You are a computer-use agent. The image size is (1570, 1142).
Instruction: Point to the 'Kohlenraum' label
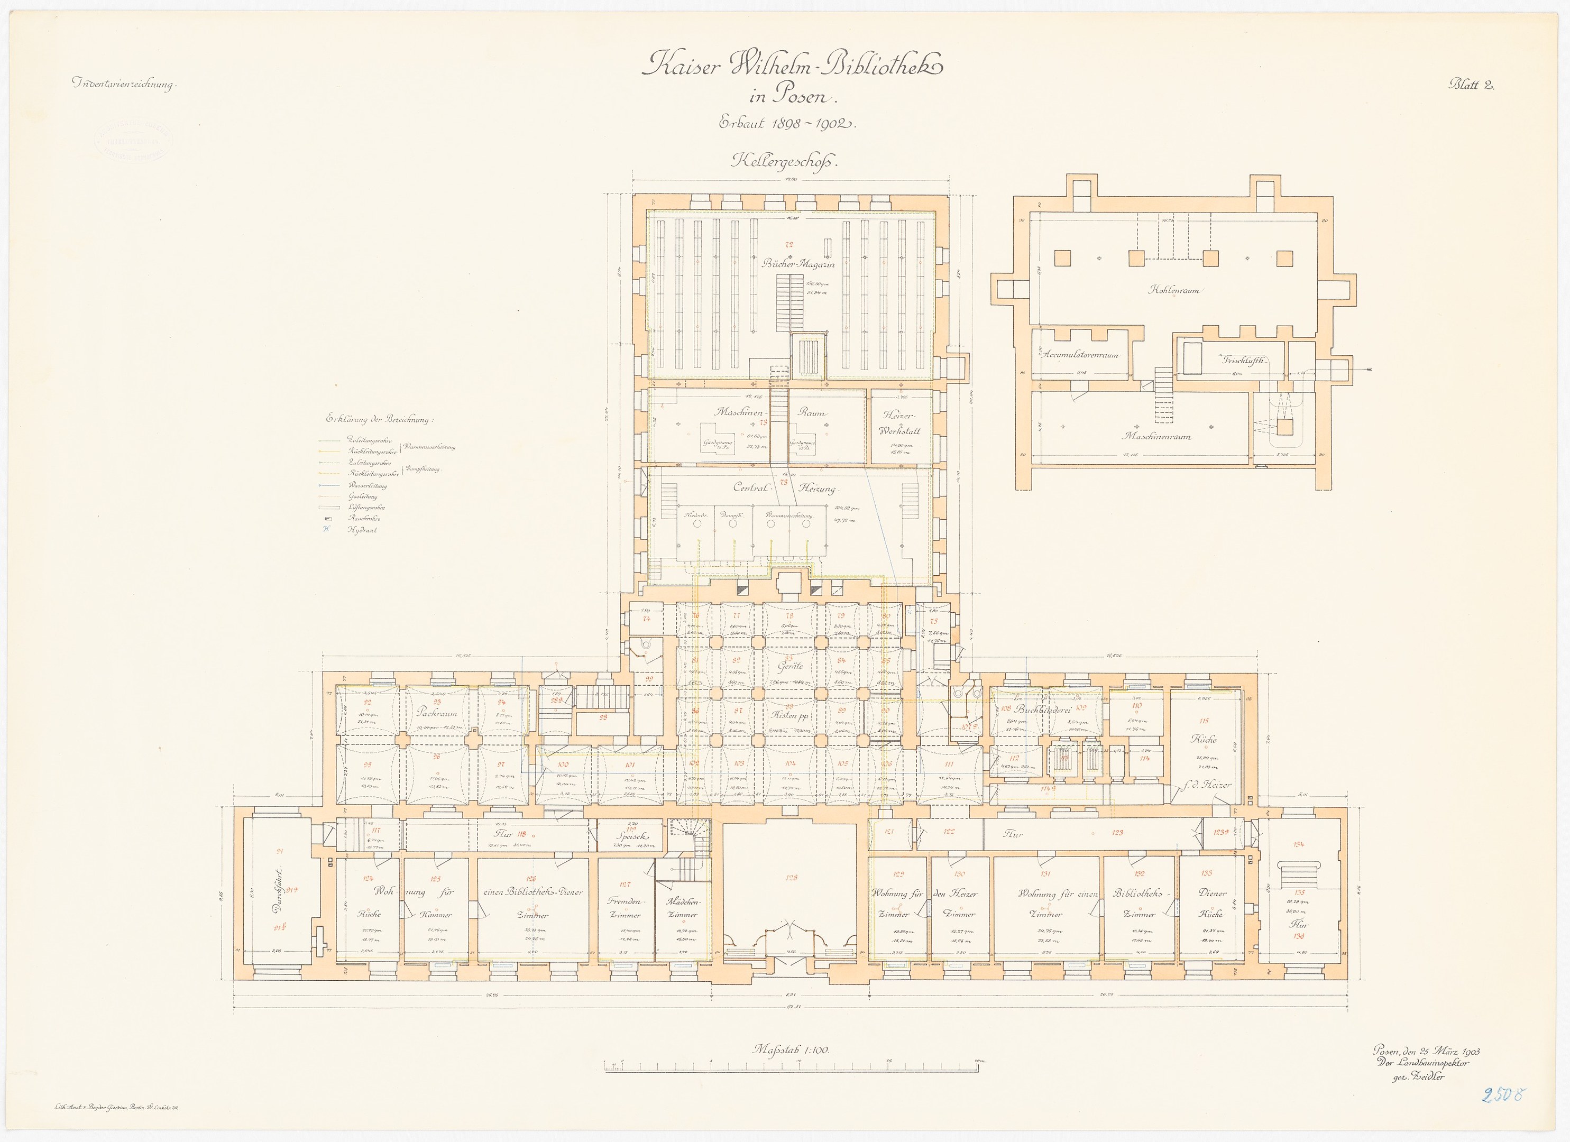pos(1173,290)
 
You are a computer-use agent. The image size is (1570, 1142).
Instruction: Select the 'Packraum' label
pos(437,712)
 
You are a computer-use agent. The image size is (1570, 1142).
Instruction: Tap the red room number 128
pos(792,878)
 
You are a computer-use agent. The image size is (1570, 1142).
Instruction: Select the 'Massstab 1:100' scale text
pos(791,1050)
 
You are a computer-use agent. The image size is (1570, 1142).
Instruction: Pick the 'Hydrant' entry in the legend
pos(363,530)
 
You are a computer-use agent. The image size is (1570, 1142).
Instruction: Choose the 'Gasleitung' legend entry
pos(363,497)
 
